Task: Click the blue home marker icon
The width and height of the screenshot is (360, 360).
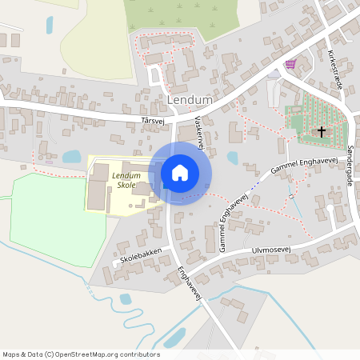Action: pos(180,173)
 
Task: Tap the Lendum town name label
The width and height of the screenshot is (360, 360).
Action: pos(190,100)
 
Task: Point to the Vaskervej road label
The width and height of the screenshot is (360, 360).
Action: pos(200,131)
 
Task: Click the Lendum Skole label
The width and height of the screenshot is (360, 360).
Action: pos(125,180)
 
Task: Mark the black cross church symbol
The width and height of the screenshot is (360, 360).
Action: pos(322,130)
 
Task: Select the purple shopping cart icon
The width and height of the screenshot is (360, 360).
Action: pos(290,64)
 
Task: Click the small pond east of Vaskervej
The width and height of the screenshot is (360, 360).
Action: pos(233,158)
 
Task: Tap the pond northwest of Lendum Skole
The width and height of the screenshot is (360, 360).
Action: pos(71,156)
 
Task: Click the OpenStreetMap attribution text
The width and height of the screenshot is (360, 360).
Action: pos(81,354)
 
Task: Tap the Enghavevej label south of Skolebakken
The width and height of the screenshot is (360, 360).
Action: pos(188,284)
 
